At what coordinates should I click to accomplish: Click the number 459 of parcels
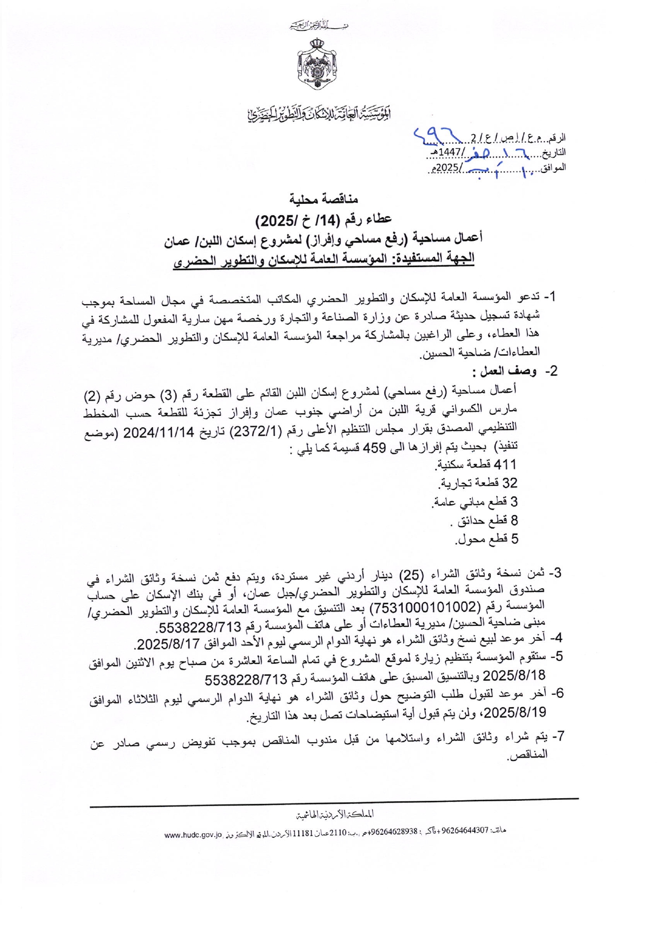(x=375, y=448)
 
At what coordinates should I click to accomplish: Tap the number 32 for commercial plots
(x=509, y=483)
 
